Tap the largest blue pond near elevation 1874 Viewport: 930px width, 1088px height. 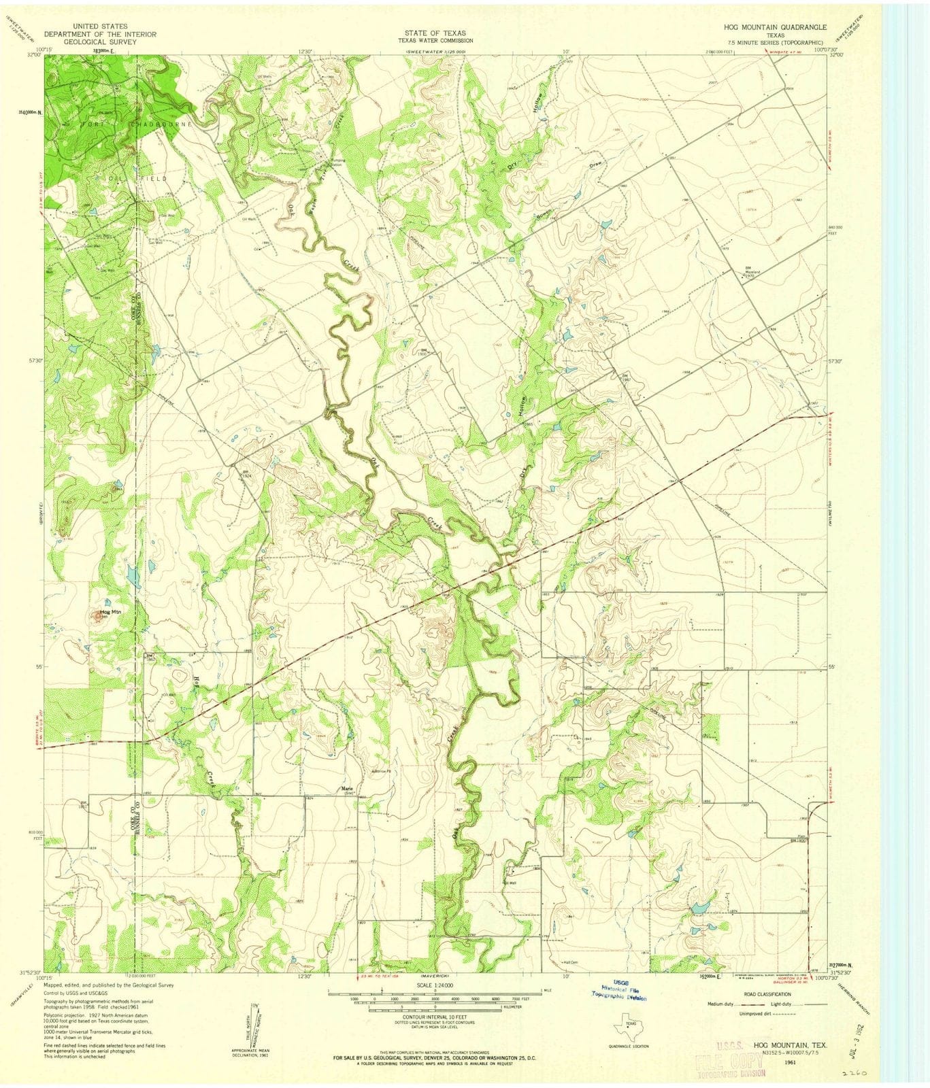[699, 907]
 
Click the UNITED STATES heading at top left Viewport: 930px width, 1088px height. [101, 27]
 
